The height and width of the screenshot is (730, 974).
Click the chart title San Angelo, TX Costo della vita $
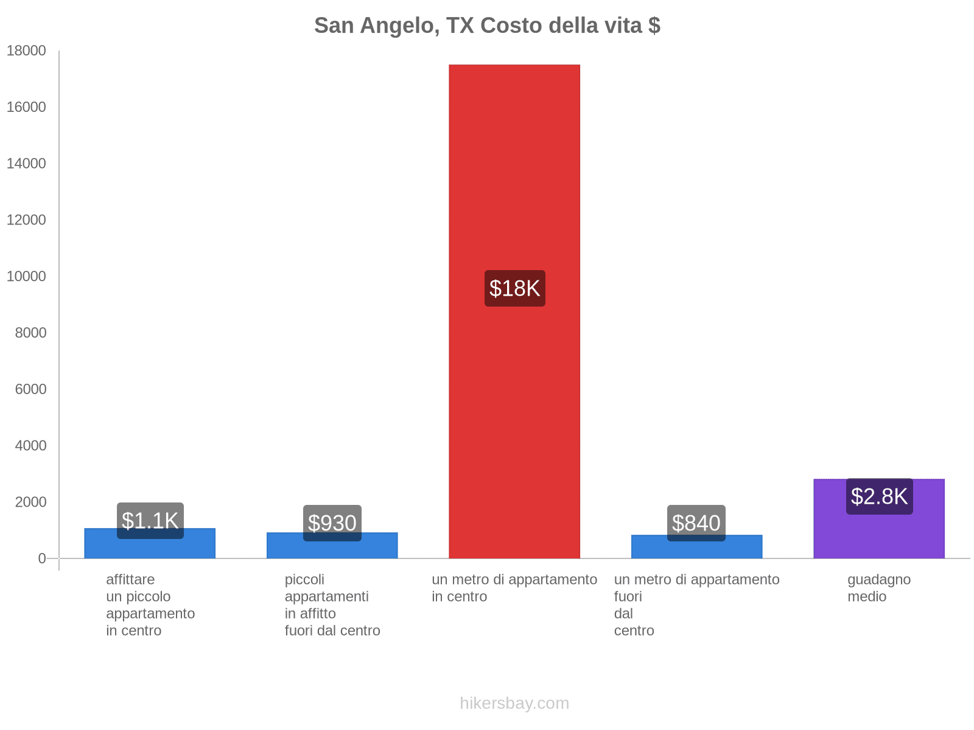(x=487, y=26)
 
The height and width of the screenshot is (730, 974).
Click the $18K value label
(x=514, y=288)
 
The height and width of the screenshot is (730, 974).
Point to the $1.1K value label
(x=150, y=521)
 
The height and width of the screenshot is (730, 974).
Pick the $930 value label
(x=332, y=523)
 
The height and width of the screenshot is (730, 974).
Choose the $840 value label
(x=696, y=523)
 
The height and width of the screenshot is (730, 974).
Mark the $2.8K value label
(x=879, y=496)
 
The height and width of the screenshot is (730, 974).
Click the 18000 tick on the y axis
(x=26, y=50)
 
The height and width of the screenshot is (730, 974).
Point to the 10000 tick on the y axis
(x=26, y=276)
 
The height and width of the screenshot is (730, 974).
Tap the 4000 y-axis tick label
(x=30, y=445)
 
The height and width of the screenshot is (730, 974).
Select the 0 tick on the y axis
(x=42, y=558)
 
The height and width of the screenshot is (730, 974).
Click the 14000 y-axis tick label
(x=26, y=164)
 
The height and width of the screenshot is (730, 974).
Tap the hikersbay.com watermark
(x=514, y=703)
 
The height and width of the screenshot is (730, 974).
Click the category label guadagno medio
(x=879, y=588)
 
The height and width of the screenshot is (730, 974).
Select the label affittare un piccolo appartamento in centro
(x=150, y=605)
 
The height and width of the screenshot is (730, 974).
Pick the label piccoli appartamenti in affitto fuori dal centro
(x=332, y=605)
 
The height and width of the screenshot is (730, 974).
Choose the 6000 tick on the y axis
(x=30, y=389)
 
